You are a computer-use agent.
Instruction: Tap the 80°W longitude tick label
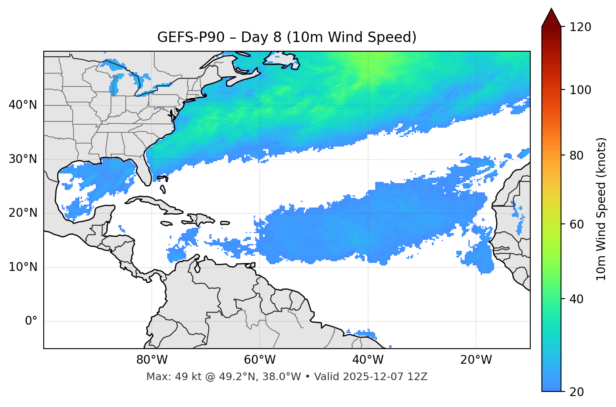pyautogui.click(x=152, y=360)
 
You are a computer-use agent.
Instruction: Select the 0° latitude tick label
pyautogui.click(x=31, y=321)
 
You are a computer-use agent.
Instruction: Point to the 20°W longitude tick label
pyautogui.click(x=476, y=360)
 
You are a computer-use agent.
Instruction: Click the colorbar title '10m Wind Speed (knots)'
pyautogui.click(x=601, y=209)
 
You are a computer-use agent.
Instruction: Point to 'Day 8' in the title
pyautogui.click(x=261, y=37)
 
